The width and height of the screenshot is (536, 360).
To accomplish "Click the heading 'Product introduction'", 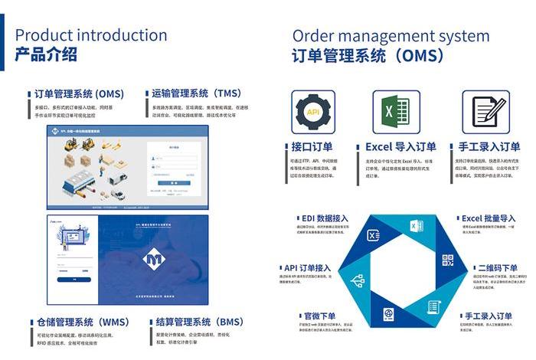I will pos(91,35).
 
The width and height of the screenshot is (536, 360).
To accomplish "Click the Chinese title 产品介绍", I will pos(46,54).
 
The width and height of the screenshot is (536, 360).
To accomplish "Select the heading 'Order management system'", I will pos(391,36).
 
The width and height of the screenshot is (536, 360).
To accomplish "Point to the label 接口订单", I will pos(312,146).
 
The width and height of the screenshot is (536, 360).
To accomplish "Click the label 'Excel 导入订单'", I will pos(400,146).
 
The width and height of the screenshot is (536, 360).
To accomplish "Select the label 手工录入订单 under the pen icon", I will pos(489,146).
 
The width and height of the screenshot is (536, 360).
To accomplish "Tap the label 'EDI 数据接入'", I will pos(322,218).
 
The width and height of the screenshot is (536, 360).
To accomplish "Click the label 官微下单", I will pos(320,315).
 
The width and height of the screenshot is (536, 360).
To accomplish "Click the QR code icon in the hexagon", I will pos(448,261).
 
